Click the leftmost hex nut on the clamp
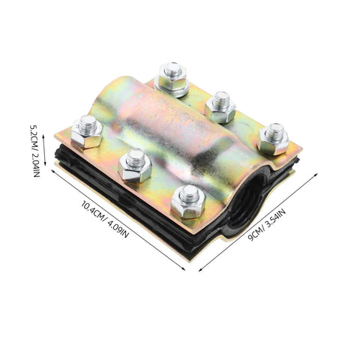click(87, 133)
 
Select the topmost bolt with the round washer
click(171, 79)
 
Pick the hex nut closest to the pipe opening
click(188, 202)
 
